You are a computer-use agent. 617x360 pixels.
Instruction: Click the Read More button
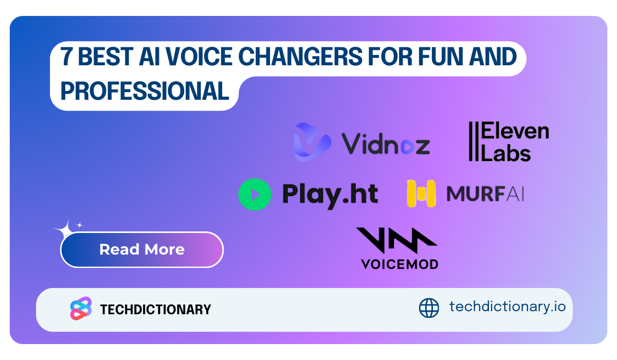(x=141, y=249)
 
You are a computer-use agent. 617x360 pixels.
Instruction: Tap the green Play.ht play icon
(x=255, y=194)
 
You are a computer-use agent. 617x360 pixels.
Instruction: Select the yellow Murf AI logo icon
(x=421, y=193)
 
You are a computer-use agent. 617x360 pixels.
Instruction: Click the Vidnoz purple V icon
(x=312, y=142)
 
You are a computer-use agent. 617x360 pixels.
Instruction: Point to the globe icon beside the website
(x=429, y=308)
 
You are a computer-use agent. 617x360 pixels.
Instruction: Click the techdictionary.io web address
(x=507, y=307)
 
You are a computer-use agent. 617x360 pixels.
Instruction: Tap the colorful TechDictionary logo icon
(x=81, y=309)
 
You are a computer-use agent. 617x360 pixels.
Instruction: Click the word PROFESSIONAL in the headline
(x=144, y=91)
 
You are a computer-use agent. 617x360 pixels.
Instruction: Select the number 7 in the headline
(x=66, y=57)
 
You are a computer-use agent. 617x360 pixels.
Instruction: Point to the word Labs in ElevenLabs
(x=506, y=153)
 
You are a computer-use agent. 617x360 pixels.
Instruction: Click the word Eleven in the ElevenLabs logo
(x=515, y=131)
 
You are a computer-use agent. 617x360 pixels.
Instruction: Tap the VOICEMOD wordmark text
(x=400, y=264)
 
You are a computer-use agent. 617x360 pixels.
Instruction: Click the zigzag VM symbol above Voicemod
(x=396, y=240)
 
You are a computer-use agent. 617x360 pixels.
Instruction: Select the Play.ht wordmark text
(x=330, y=195)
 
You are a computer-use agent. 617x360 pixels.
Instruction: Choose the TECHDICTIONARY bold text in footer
(x=156, y=309)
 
